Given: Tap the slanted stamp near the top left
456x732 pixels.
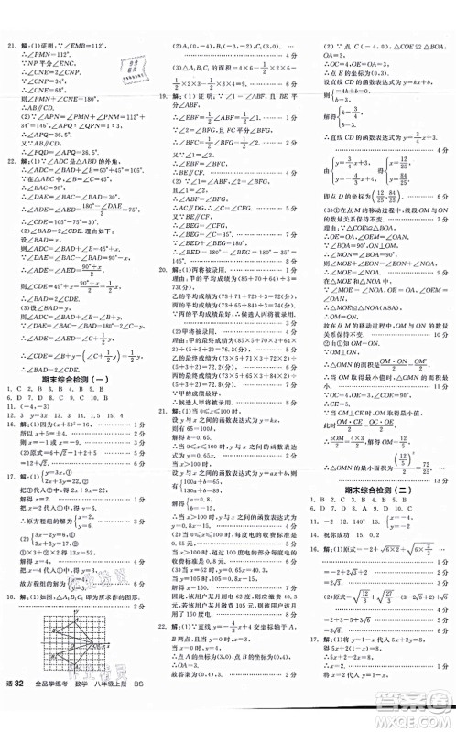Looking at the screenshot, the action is pos(97,65).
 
